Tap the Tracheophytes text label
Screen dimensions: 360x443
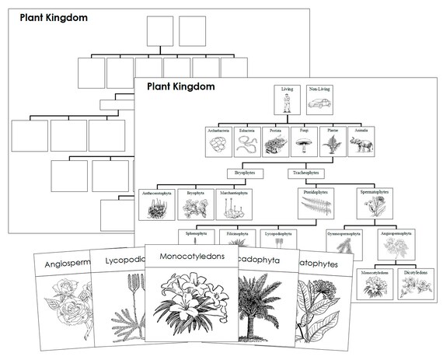click(305, 173)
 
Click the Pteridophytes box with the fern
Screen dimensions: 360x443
click(316, 204)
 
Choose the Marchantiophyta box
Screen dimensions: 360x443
click(233, 204)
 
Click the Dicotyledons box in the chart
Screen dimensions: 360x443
click(416, 283)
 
